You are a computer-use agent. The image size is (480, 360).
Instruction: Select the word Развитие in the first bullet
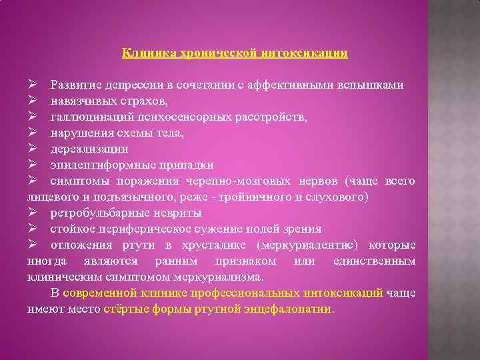[75, 85]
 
